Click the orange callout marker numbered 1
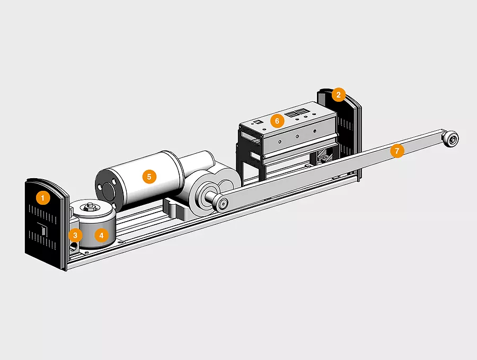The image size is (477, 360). [42, 198]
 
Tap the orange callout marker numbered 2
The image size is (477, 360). [338, 95]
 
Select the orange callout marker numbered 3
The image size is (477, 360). [75, 235]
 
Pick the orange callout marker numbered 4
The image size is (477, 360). [101, 235]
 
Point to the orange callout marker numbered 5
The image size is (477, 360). [149, 177]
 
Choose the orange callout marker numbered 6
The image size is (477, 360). [277, 121]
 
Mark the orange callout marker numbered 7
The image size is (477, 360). [396, 151]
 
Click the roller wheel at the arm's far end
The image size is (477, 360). [450, 139]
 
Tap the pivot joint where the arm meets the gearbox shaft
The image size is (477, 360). [222, 203]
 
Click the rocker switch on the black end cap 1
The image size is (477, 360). [43, 229]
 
